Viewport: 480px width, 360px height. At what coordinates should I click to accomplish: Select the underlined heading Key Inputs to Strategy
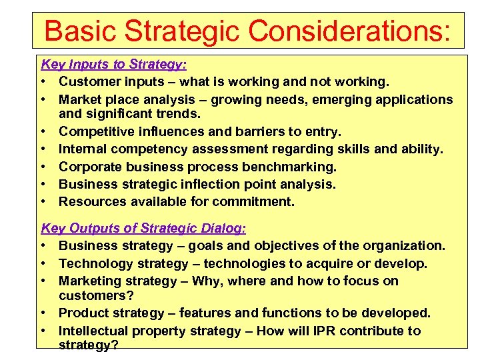[114, 65]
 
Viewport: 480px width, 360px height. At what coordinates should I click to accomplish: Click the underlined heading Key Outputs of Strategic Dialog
[143, 229]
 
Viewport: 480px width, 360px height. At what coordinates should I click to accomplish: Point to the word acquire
[341, 263]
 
